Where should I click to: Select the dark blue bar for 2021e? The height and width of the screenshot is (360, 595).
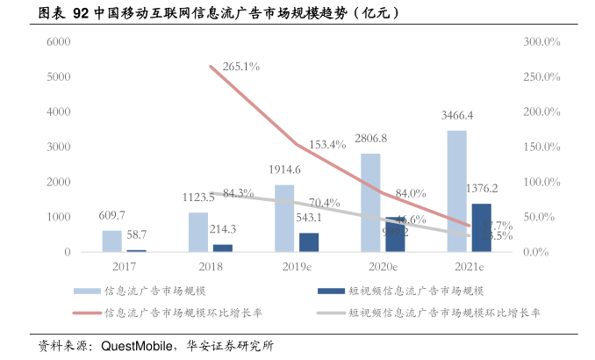(x=481, y=227)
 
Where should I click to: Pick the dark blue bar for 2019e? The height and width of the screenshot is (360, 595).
(x=309, y=242)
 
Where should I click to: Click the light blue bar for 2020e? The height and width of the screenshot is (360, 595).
(x=370, y=203)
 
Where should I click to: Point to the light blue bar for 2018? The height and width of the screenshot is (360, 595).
(x=197, y=232)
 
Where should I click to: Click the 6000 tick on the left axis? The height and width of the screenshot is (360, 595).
(x=58, y=42)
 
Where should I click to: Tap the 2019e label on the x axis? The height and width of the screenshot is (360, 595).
(x=297, y=266)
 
